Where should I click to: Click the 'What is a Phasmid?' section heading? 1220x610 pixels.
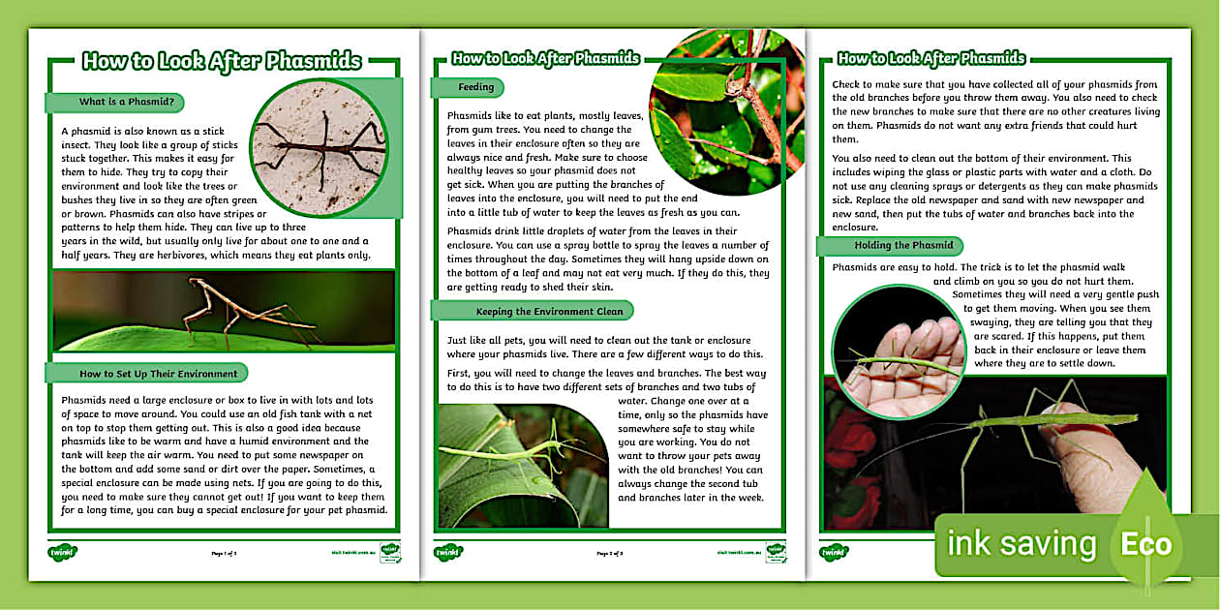(119, 102)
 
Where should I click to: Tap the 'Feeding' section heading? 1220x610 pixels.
(475, 87)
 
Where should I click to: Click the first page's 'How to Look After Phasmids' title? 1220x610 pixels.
(222, 62)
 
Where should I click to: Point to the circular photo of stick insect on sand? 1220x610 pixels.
(319, 148)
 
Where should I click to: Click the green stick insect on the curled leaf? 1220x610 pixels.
(513, 450)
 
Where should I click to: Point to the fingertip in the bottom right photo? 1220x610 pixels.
(1084, 426)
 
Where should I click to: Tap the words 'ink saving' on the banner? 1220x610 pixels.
(1021, 544)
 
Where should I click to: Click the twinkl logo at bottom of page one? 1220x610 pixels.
(62, 553)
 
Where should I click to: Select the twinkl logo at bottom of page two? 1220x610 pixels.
(448, 553)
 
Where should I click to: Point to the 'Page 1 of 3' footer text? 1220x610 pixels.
(224, 554)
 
